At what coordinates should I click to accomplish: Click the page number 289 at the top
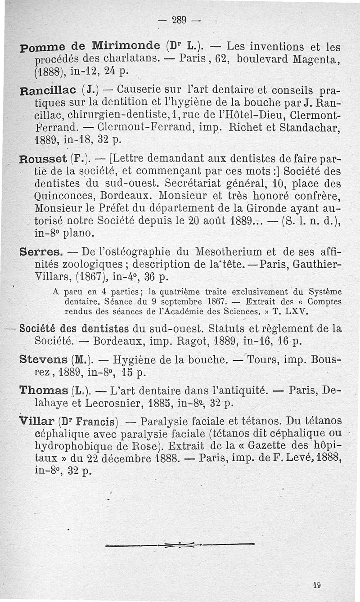(180, 20)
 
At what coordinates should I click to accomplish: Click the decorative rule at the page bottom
(180, 546)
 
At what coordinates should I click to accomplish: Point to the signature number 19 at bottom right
(316, 585)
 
